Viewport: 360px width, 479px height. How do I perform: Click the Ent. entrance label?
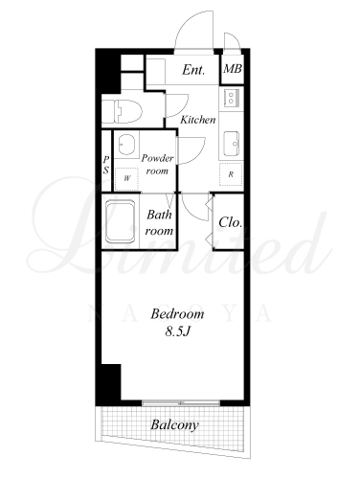193,70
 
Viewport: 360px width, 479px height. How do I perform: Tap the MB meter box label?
233,69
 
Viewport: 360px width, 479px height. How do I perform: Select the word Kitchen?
198,120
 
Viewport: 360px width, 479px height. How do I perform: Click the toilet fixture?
122,111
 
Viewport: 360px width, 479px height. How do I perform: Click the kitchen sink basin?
231,144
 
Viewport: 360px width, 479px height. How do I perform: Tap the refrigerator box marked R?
231,174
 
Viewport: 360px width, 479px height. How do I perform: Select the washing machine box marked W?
127,179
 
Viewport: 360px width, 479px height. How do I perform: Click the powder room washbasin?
127,145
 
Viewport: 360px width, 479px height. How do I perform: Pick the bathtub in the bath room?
121,221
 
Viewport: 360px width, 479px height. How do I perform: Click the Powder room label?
157,164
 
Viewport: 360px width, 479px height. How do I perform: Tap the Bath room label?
159,222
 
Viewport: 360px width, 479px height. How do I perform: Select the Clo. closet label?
230,222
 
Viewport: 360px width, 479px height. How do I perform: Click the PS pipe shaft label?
106,165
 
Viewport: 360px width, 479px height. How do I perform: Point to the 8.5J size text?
177,331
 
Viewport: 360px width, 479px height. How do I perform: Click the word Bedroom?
177,314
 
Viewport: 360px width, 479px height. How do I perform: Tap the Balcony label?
174,425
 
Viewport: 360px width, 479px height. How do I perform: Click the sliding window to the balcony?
181,403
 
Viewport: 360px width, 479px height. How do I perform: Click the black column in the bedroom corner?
112,382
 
